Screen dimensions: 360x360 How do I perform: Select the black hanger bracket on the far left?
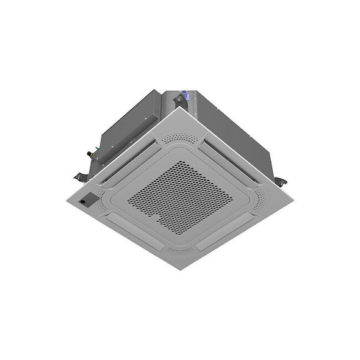coord(79,176)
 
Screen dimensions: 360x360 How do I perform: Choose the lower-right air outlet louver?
coord(226,229)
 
